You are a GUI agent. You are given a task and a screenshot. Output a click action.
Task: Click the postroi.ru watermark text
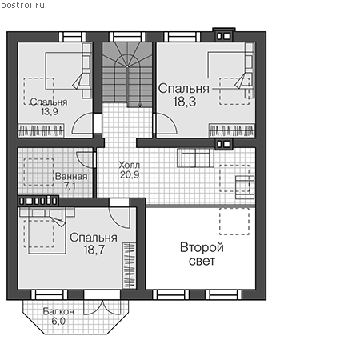[22, 6]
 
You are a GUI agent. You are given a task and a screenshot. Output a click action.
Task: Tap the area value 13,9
[50, 112]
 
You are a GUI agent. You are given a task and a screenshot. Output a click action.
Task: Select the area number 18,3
[185, 102]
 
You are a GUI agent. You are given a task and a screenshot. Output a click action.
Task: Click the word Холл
[130, 165]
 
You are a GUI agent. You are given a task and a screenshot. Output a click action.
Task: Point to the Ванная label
[71, 177]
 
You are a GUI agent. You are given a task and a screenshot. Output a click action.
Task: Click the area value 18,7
[94, 250]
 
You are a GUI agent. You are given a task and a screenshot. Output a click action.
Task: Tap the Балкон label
[58, 311]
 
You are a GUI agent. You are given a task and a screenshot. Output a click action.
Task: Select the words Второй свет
[202, 254]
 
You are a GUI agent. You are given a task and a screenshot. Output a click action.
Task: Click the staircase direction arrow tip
[140, 106]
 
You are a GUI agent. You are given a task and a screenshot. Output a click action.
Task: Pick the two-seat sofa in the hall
[195, 158]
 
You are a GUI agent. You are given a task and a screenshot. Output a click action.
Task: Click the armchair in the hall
[245, 187]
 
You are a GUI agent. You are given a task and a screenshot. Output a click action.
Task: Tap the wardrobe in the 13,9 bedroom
[41, 130]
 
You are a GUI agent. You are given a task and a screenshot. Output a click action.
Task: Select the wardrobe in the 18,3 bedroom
[232, 130]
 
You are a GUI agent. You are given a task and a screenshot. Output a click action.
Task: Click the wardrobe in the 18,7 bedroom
[130, 266]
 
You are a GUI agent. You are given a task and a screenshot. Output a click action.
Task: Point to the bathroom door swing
[84, 160]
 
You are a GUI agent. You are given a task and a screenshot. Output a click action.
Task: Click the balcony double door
[102, 307]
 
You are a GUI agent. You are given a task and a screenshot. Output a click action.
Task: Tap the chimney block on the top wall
[223, 34]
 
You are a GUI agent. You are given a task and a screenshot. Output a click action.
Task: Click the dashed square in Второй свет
[234, 222]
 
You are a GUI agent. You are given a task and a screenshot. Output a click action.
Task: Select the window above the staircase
[127, 37]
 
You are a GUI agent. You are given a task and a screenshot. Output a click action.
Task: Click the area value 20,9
[130, 175]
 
